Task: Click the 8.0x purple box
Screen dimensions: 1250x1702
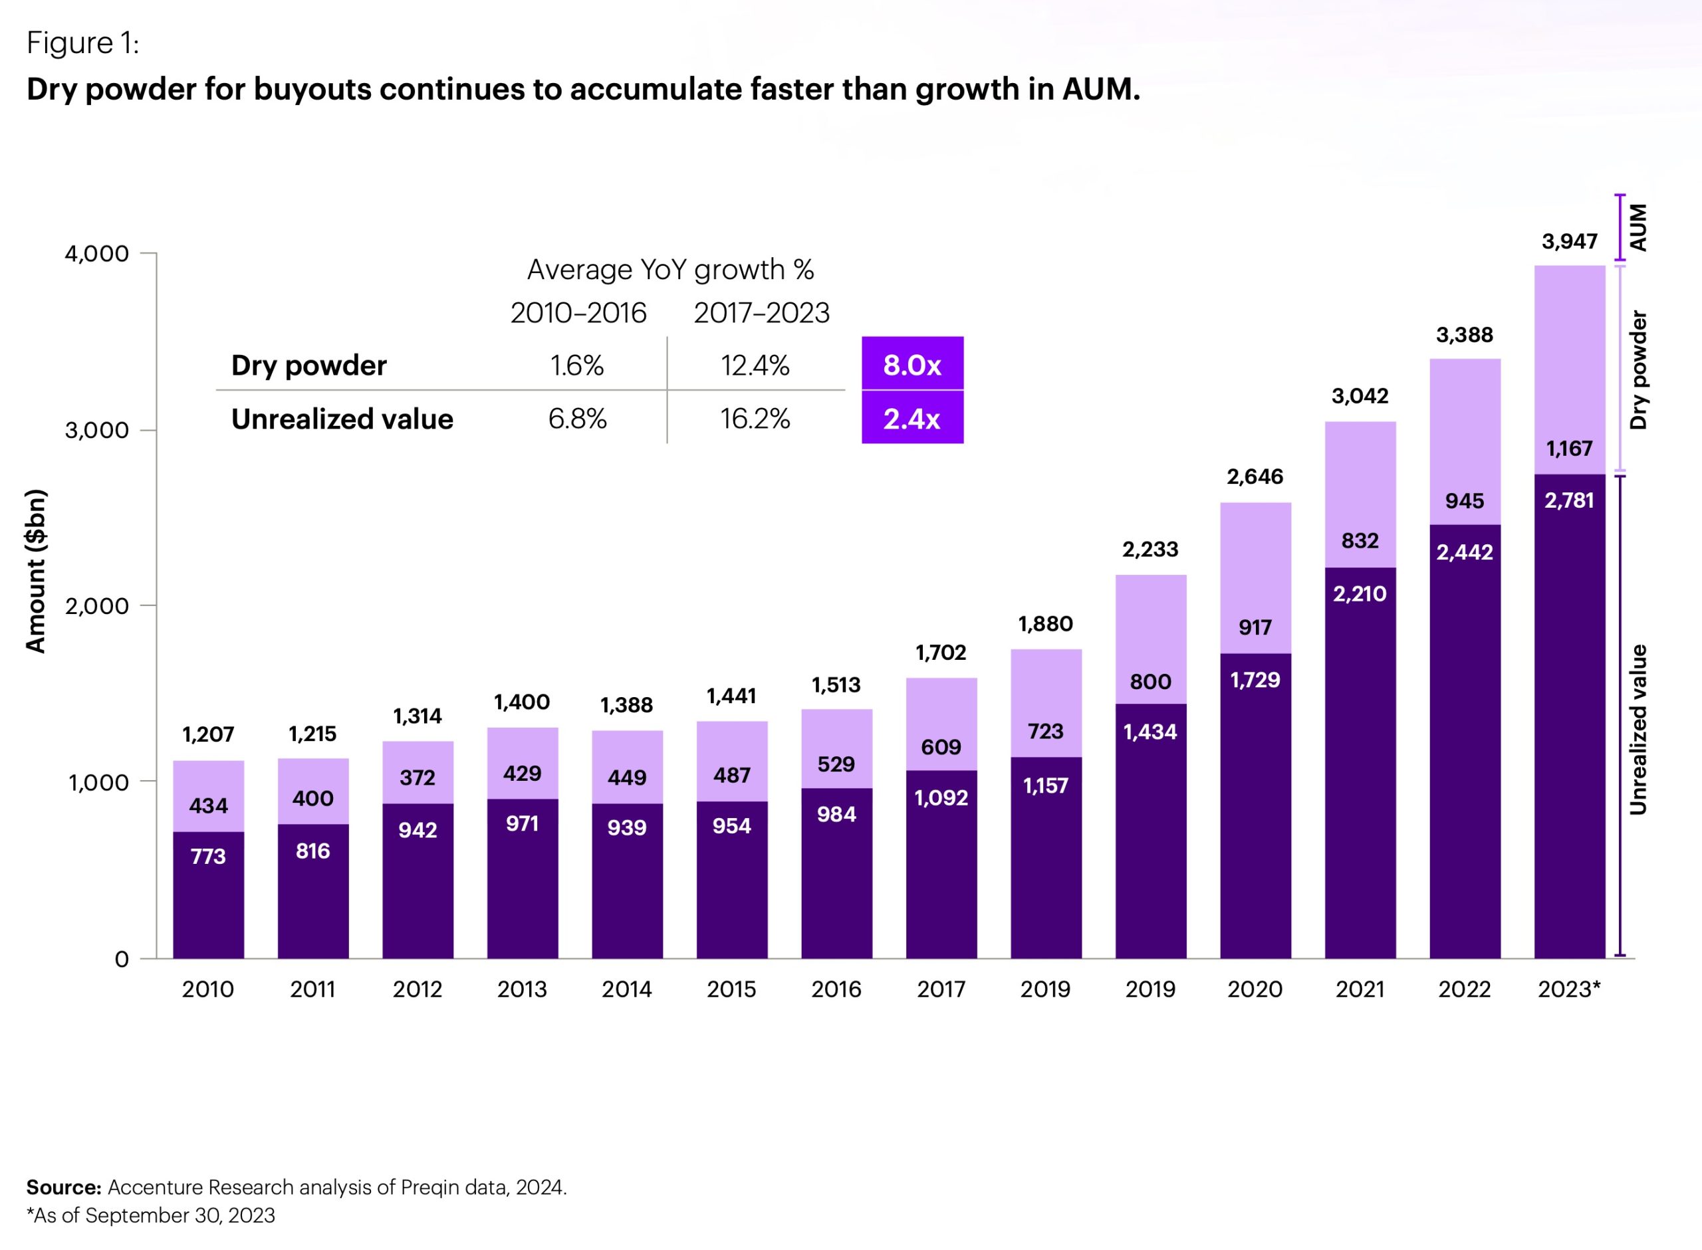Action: [x=912, y=364]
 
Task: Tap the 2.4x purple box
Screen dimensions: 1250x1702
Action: [x=912, y=418]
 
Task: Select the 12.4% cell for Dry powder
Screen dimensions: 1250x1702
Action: [x=755, y=365]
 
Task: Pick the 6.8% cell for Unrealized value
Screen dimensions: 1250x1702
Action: [x=578, y=419]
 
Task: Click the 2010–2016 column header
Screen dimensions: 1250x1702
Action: [x=578, y=312]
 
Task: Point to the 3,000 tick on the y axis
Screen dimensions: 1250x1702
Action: [x=97, y=430]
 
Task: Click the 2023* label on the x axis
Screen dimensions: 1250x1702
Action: [x=1569, y=989]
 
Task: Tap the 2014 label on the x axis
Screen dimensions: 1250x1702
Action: [x=626, y=989]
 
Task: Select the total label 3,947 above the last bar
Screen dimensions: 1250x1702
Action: [x=1570, y=241]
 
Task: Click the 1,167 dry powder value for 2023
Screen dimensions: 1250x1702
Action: [x=1570, y=448]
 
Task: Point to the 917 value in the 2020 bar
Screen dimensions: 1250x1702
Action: [x=1255, y=627]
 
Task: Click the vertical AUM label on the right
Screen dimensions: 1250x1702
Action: [x=1638, y=227]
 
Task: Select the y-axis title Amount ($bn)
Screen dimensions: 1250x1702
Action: [x=35, y=572]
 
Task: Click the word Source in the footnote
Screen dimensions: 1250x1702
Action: [x=64, y=1187]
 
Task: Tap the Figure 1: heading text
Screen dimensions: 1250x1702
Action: [x=82, y=43]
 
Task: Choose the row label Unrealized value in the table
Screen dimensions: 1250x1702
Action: [x=342, y=419]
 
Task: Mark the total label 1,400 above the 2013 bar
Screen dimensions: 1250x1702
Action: [x=522, y=702]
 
